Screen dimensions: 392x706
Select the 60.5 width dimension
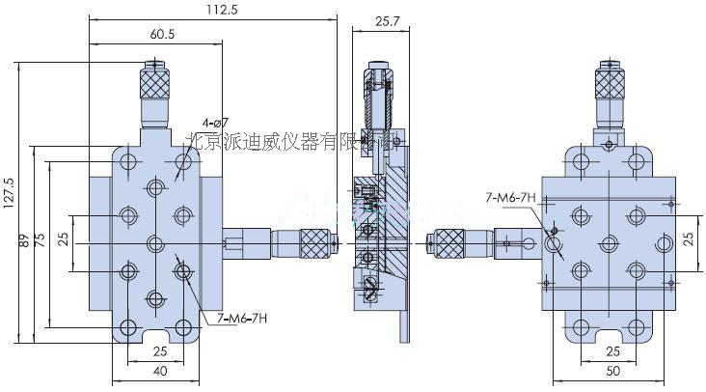[161, 35]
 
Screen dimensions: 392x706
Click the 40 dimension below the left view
[160, 370]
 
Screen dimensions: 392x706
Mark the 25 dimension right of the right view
[689, 239]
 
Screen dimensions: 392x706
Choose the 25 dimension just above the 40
[160, 350]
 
